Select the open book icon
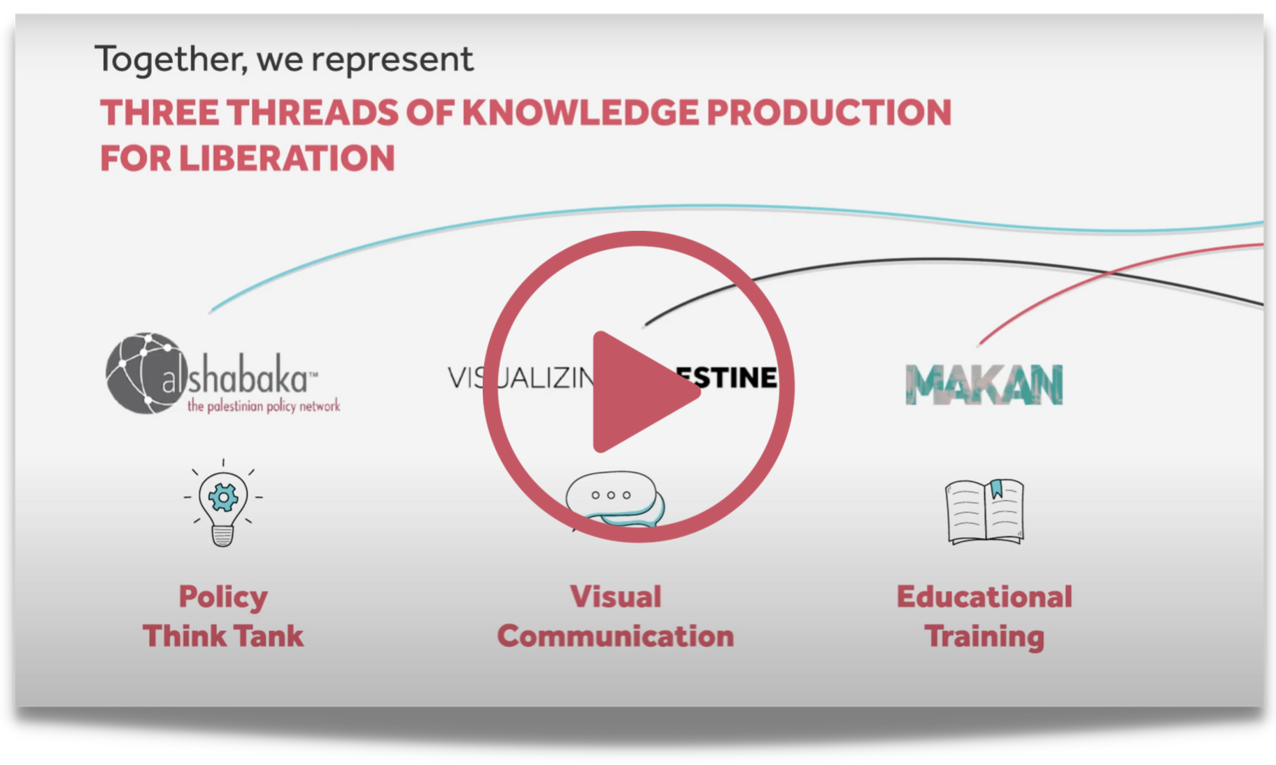coord(985,511)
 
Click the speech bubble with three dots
coord(610,495)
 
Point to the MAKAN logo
coord(984,385)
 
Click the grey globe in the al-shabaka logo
coord(140,373)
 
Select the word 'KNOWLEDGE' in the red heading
coord(580,113)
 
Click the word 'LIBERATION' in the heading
coord(287,158)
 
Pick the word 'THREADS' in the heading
coord(312,113)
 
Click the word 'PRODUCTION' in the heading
coord(829,113)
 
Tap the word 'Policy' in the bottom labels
coord(223,596)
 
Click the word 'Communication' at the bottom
coord(616,636)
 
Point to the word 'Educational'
coord(984,596)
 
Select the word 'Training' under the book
coord(984,636)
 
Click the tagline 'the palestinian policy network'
coord(264,406)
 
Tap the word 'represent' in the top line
coord(392,59)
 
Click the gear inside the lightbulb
coord(223,497)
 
